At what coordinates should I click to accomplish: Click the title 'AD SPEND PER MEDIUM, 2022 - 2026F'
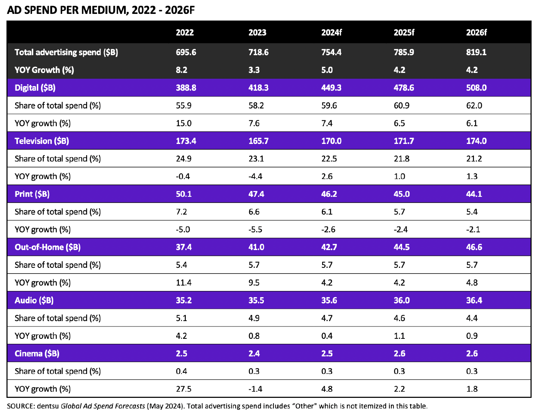point(101,10)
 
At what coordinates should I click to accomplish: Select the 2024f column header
point(331,32)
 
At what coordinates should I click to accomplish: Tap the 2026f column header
point(476,32)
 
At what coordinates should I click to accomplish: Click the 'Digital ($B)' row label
point(35,88)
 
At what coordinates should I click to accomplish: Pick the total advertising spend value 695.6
point(186,52)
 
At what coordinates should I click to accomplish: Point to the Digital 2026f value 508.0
point(476,88)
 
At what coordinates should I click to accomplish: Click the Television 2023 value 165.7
point(258,141)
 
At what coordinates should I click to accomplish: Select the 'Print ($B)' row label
point(32,194)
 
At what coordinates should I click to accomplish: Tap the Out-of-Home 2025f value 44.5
point(402,247)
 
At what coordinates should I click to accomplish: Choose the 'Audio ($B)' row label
point(34,300)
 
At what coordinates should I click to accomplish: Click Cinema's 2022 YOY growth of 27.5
point(183,389)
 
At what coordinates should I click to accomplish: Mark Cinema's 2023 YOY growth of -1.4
point(255,389)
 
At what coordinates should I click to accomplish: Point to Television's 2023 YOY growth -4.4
point(255,176)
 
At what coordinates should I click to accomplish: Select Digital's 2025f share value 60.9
point(402,105)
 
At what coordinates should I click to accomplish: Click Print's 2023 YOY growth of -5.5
point(255,230)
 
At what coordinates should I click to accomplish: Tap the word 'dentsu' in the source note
point(48,406)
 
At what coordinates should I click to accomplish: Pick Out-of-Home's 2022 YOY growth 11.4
point(183,283)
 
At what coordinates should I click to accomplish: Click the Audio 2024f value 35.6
point(329,300)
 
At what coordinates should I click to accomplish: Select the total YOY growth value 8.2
point(182,70)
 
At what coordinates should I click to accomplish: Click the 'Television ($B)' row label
point(42,141)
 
